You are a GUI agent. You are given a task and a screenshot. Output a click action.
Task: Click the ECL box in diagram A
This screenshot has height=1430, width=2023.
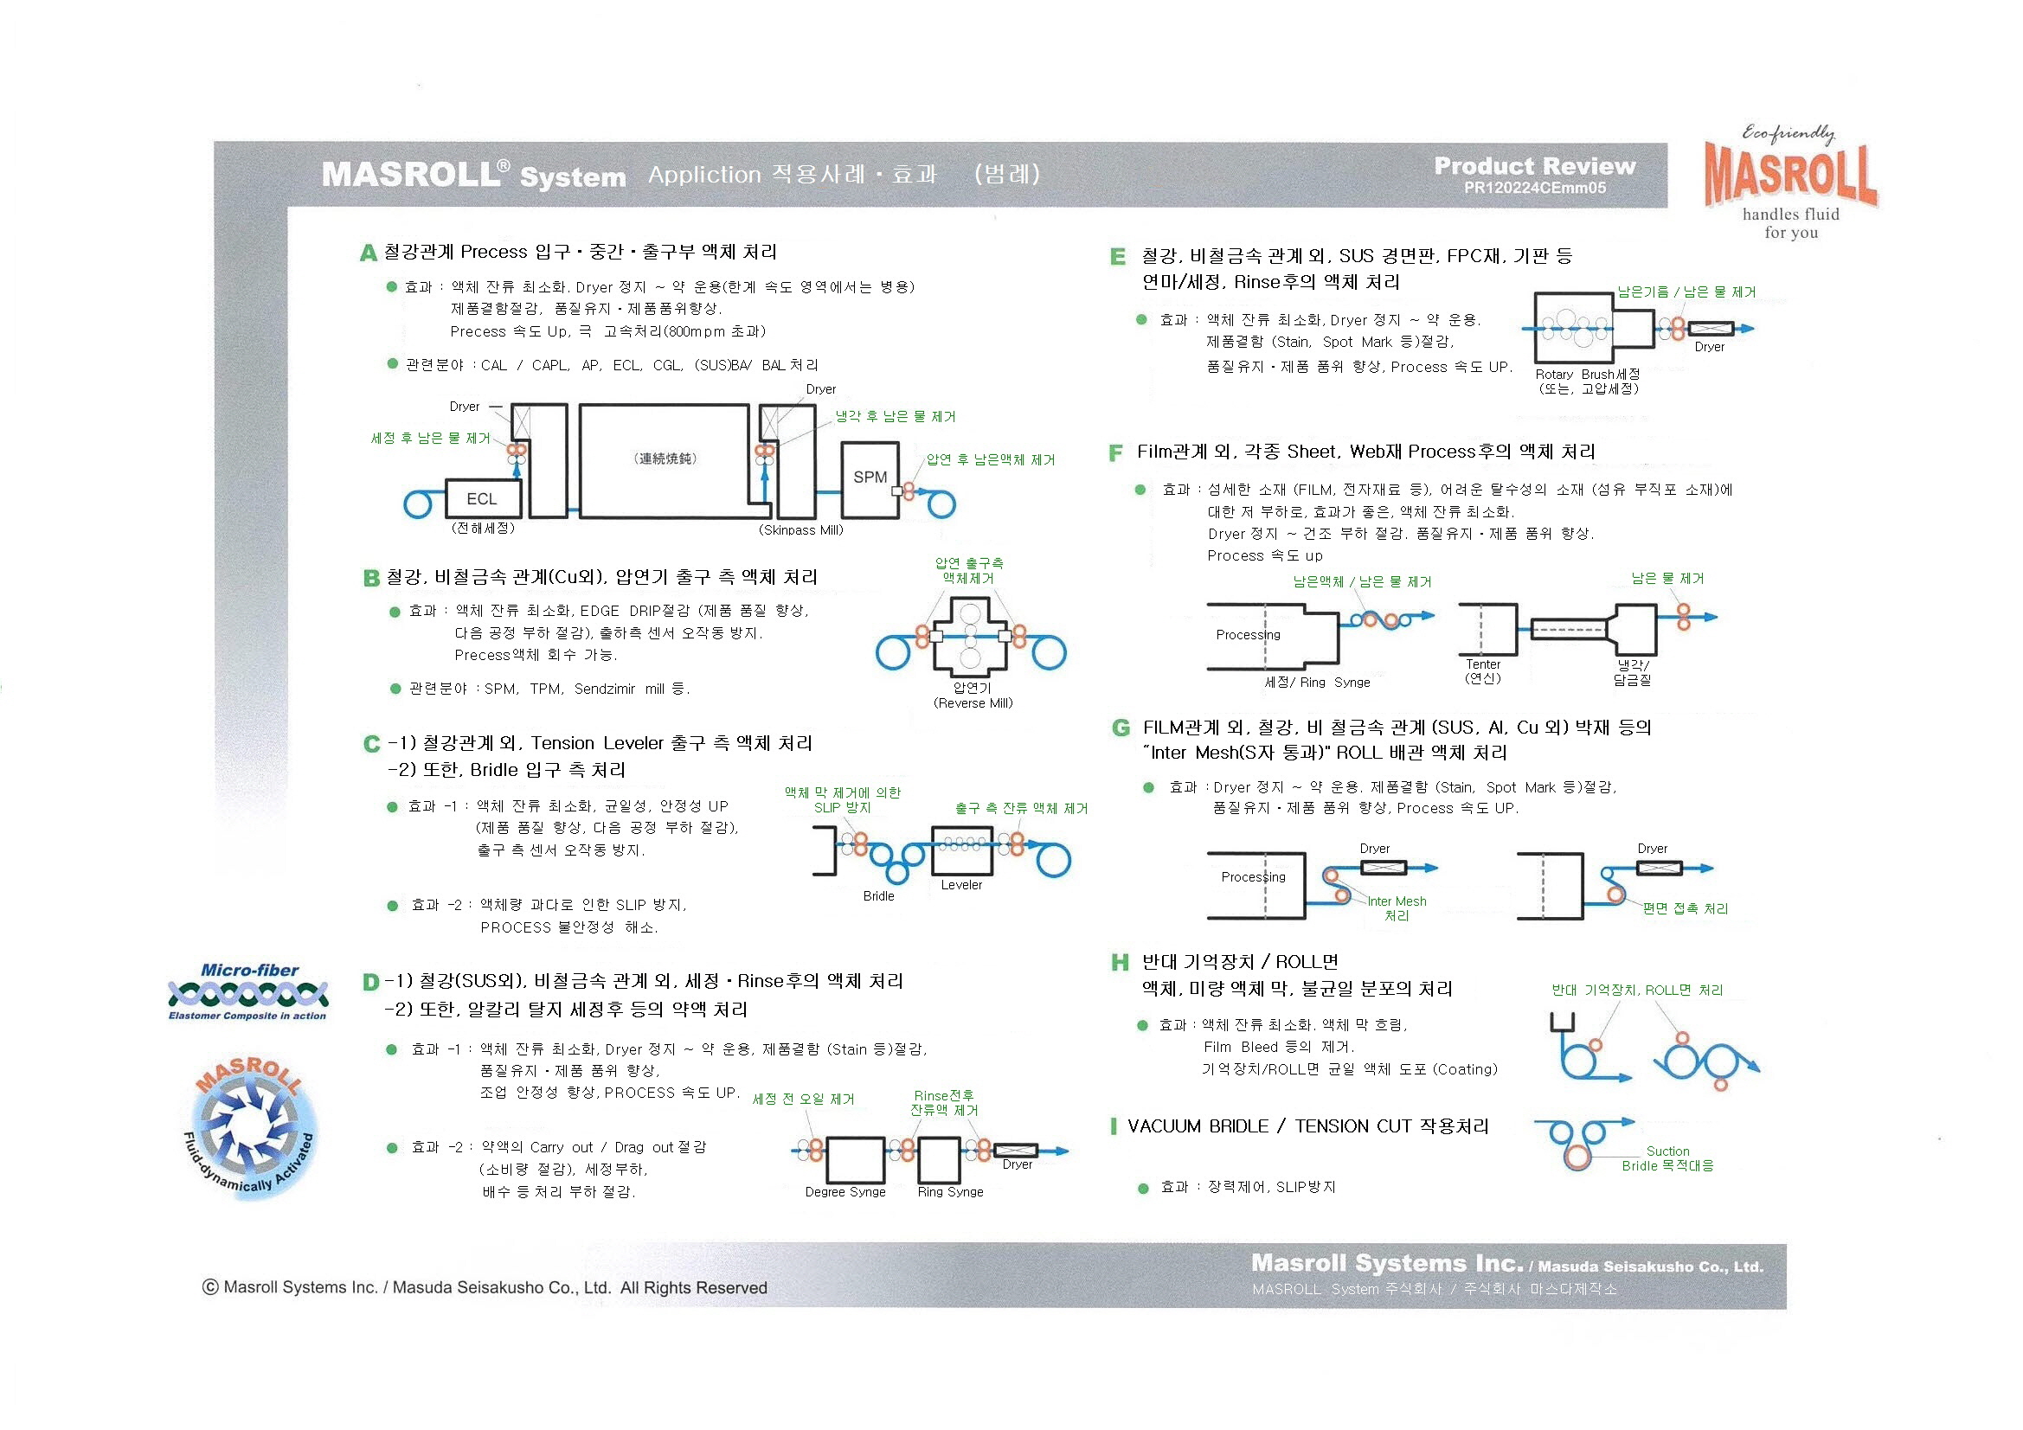click(x=482, y=498)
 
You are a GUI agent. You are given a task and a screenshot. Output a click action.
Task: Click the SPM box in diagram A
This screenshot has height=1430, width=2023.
click(x=870, y=478)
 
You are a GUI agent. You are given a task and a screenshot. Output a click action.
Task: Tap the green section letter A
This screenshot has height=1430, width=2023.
click(x=369, y=253)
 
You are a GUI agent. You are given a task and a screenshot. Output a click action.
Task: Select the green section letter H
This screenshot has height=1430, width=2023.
click(x=1119, y=962)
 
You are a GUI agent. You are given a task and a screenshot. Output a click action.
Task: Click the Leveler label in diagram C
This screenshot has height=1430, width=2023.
click(x=961, y=885)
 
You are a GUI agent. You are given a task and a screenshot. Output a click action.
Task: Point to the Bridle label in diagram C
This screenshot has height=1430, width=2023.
click(x=878, y=896)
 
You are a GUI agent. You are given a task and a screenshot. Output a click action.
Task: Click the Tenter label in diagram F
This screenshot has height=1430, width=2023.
click(x=1483, y=664)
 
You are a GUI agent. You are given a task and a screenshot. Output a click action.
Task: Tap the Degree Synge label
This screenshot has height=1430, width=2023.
click(x=845, y=1192)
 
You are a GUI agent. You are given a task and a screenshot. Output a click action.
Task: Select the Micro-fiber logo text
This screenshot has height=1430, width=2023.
click(x=249, y=971)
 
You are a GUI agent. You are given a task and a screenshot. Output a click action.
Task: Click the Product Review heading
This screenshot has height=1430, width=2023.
click(x=1534, y=165)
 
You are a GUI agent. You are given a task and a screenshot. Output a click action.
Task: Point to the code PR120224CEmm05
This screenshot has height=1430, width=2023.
click(x=1534, y=188)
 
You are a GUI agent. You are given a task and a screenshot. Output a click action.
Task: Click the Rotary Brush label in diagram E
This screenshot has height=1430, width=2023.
click(x=1587, y=375)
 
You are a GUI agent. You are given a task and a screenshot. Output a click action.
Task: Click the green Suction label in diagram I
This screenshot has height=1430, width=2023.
click(x=1667, y=1151)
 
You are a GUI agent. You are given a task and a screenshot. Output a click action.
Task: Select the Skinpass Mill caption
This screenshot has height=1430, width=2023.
click(x=801, y=530)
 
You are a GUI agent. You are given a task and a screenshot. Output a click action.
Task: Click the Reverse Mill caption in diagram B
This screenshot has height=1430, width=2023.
click(x=973, y=703)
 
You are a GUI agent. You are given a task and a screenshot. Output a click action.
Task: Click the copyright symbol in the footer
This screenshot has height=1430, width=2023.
click(x=210, y=1287)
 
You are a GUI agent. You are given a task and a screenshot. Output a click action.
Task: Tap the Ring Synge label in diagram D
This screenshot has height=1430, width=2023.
click(x=950, y=1192)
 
